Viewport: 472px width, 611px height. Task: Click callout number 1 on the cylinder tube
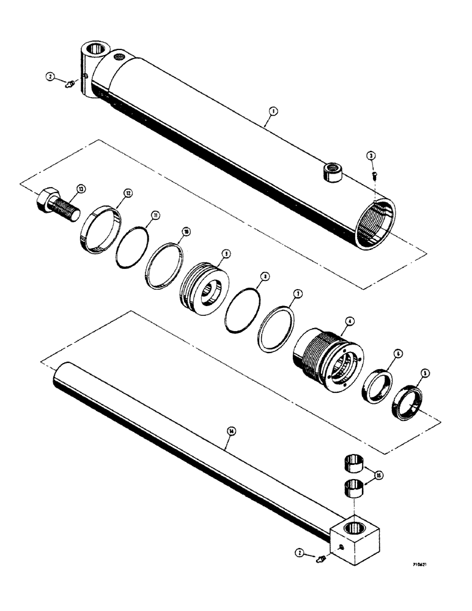[x=273, y=111]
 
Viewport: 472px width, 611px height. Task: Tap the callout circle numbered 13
[x=80, y=188]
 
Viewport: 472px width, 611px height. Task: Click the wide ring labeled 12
[x=97, y=227]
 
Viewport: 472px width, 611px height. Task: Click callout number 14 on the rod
[x=230, y=431]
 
